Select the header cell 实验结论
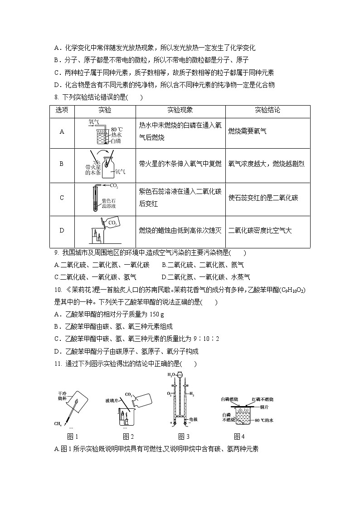point(268,111)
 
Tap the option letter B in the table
point(62,164)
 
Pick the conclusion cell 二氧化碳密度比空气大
point(261,230)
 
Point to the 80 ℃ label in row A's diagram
point(117,129)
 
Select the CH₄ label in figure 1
point(58,424)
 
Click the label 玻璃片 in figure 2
point(112,401)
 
